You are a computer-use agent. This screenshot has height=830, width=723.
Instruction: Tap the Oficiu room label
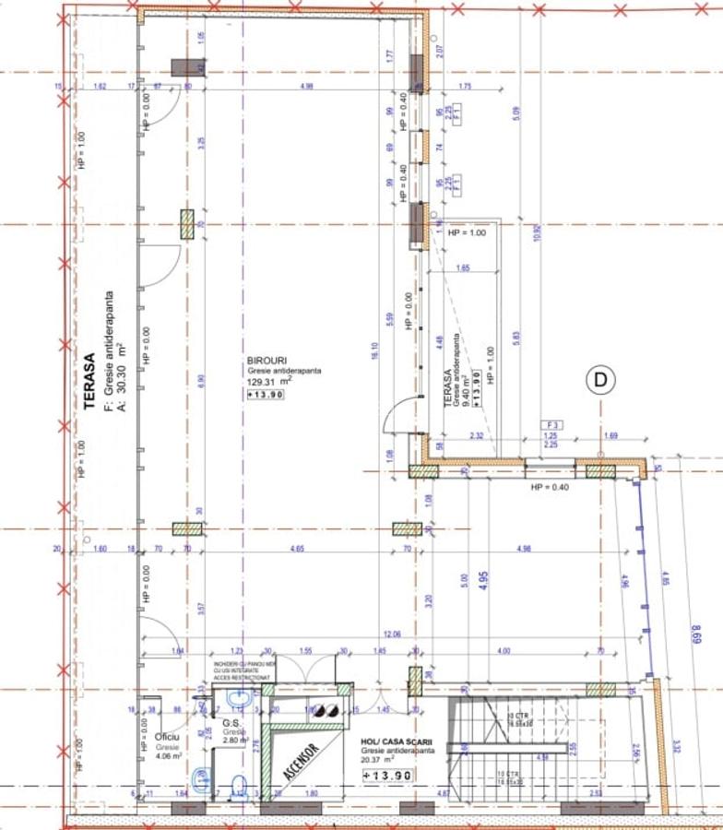166,738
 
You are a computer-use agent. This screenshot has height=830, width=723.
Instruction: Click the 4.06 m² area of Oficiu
168,756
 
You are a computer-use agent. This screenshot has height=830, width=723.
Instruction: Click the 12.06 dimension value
392,634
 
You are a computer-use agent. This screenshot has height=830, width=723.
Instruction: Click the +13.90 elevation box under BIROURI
266,395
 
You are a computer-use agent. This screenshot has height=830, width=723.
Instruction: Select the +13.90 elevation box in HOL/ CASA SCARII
386,776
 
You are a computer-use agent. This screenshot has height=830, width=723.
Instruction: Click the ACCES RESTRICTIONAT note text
242,677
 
